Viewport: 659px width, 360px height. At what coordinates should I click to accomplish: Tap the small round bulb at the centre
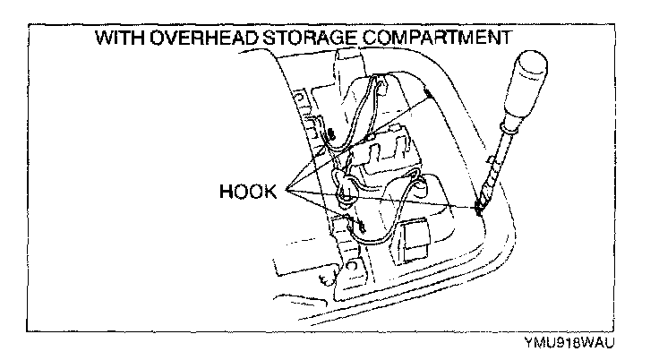346,191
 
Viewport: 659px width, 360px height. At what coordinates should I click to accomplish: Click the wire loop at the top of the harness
376,90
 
